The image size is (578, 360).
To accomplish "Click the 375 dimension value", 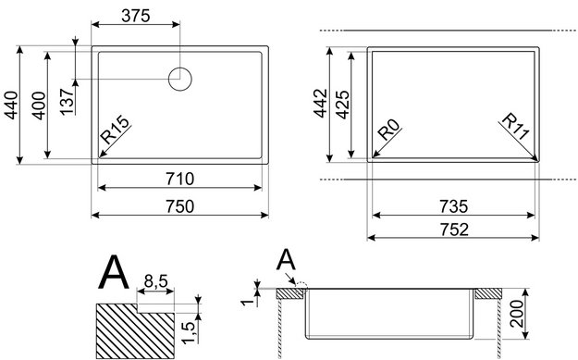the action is [136, 16].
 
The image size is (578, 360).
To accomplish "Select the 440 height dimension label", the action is [11, 106].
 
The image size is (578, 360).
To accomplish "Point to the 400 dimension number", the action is [38, 106].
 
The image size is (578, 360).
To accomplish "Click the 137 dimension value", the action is [68, 102].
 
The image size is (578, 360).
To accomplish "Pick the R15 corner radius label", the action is [116, 130].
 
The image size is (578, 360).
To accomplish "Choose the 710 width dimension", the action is [180, 179].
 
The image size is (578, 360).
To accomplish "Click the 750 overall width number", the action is [180, 206].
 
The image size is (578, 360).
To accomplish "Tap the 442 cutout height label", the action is [321, 104].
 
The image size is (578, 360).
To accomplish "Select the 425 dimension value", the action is [343, 105].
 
